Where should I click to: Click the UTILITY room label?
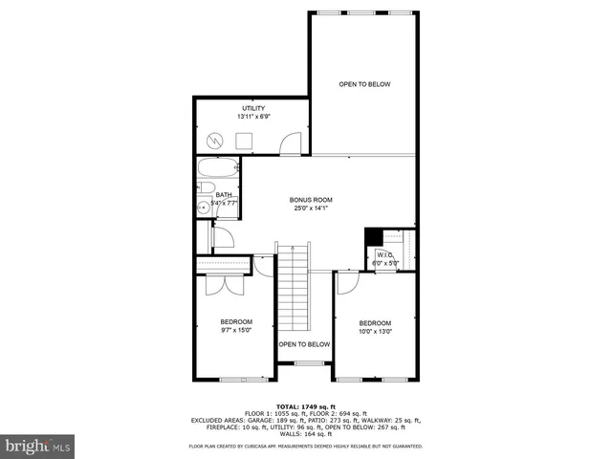[x=252, y=108]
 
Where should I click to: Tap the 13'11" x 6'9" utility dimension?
[x=252, y=117]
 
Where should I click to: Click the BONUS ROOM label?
[x=311, y=200]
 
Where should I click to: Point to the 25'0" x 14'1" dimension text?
[x=311, y=208]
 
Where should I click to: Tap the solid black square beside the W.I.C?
[x=373, y=238]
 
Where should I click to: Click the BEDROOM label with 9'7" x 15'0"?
[x=235, y=321]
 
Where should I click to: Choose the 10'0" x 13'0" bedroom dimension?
[x=375, y=332]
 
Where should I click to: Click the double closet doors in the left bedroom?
[x=216, y=285]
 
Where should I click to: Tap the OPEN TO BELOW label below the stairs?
[x=304, y=344]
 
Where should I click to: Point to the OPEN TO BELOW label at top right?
[x=364, y=84]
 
